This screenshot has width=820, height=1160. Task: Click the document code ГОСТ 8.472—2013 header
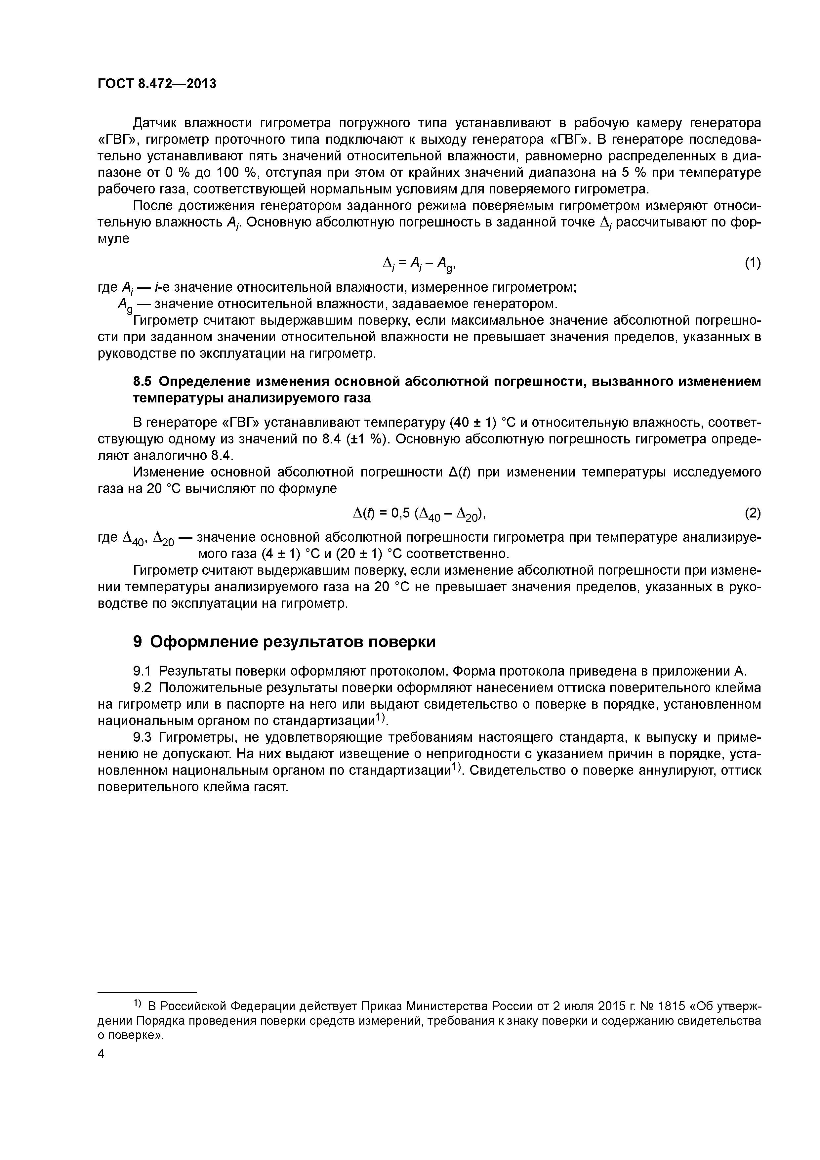pyautogui.click(x=157, y=83)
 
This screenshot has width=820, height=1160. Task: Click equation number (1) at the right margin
pyautogui.click(x=752, y=263)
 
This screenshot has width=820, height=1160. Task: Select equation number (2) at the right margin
pyautogui.click(x=752, y=513)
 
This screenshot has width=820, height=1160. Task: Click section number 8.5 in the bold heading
pyautogui.click(x=143, y=382)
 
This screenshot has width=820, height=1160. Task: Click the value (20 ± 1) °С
pyautogui.click(x=366, y=554)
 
